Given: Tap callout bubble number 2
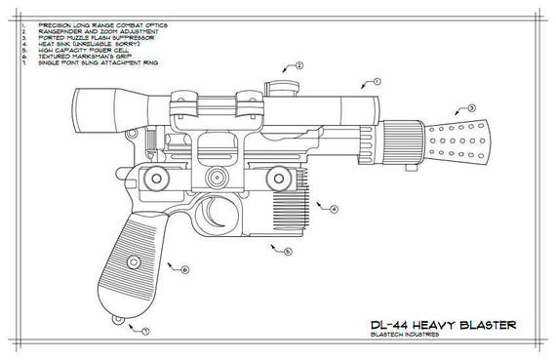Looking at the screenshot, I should point(298,65).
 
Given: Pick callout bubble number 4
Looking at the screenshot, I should point(334,209).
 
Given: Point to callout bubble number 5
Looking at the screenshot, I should point(287,252).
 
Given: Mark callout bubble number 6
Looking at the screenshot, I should point(184,268).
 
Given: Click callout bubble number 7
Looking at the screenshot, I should point(145,332).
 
